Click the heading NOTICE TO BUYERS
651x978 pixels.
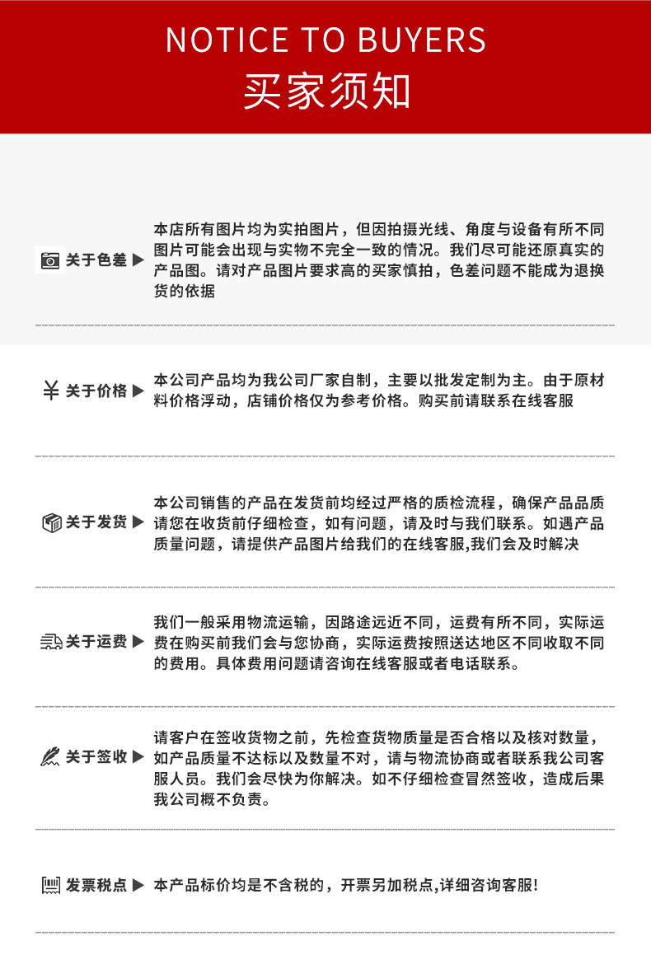coord(325,40)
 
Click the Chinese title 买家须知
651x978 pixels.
coord(325,91)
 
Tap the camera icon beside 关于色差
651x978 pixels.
coord(50,260)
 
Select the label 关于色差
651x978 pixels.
coord(96,260)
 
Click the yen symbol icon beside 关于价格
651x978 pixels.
coord(50,391)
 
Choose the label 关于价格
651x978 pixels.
coord(96,391)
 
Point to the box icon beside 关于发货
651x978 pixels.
coord(51,522)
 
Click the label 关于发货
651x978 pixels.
coord(96,522)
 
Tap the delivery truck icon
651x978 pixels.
coord(51,642)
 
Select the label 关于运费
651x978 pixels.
coord(96,642)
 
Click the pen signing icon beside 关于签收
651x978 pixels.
coord(50,757)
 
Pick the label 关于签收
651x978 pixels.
coord(96,757)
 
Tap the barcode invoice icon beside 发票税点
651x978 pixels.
coord(51,886)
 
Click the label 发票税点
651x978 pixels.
coord(96,886)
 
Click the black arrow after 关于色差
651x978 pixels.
coord(138,260)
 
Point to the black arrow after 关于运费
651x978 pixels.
coord(138,642)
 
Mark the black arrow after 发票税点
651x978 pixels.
coord(138,886)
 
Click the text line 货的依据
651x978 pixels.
coord(185,292)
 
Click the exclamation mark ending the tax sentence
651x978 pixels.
coord(535,886)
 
